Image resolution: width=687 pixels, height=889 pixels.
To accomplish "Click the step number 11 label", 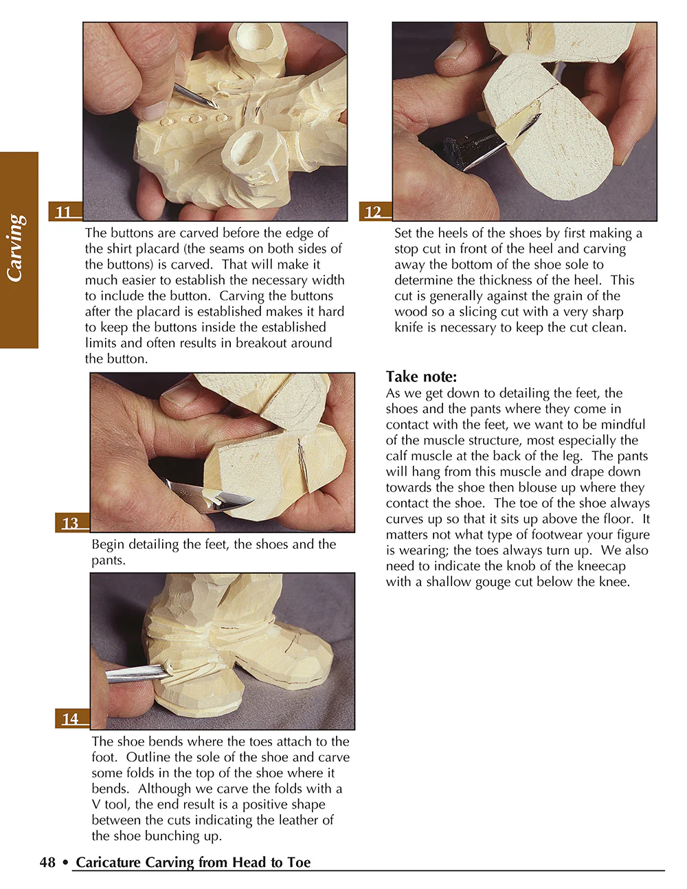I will pos(64,212).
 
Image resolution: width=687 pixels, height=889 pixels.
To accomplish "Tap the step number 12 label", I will pos(373,212).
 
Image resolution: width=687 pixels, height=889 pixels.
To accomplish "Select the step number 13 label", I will pos(70,524).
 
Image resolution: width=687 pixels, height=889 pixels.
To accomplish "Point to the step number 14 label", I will pos(70,719).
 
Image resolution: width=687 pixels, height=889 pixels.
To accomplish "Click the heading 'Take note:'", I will pos(421,376).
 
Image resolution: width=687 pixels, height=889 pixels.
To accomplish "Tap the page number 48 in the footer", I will pos(47,862).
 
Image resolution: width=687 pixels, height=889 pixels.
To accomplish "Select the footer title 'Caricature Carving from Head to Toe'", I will pos(193,862).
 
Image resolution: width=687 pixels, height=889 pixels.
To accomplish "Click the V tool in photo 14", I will pos(137,673).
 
